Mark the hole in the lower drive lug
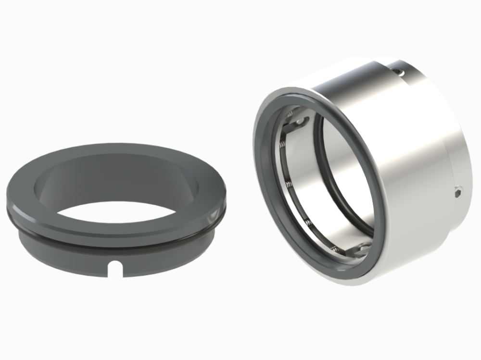point(363,249)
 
